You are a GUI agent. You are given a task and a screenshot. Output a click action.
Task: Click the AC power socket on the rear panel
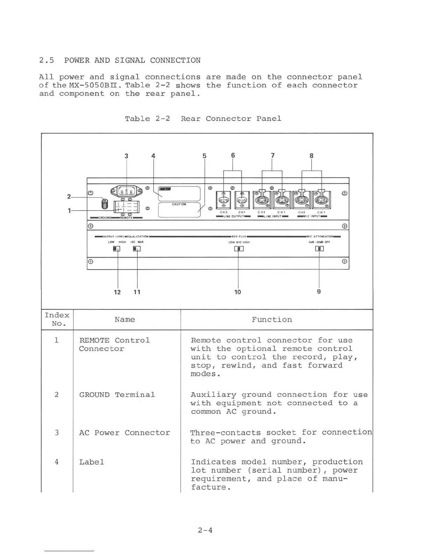coord(126,191)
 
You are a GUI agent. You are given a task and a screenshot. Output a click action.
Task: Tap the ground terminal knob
coord(104,203)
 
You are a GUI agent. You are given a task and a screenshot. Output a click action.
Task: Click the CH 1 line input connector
coord(282,200)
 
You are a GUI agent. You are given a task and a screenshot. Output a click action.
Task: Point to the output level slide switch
coord(116,249)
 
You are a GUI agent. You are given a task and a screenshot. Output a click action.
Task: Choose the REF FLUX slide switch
coord(239,249)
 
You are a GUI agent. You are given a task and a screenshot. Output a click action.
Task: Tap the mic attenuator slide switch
coord(319,249)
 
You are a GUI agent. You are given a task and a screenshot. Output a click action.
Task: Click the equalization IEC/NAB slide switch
coord(137,249)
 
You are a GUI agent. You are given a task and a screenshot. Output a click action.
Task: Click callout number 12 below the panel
coord(117,292)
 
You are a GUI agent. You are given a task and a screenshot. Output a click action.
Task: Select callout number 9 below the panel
coord(319,291)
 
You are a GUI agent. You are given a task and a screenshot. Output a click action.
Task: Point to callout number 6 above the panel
coord(233,155)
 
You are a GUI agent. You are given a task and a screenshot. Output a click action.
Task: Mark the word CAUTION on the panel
coord(179,204)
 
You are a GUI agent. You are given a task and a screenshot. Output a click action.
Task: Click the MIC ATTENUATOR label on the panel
coord(320,237)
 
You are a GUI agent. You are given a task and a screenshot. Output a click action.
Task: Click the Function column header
coord(272,320)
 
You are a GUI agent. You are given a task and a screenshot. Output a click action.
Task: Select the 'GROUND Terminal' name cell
coord(117,395)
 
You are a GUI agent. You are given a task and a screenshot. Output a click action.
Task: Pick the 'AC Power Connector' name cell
coord(124,433)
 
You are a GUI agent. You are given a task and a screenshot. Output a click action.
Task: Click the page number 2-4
coord(205,530)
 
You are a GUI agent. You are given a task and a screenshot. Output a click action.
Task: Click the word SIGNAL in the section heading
coord(130,61)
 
